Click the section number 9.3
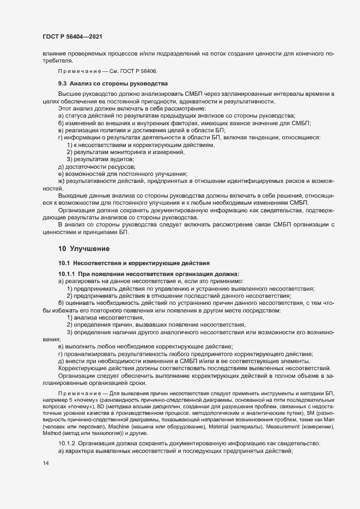coord(63,84)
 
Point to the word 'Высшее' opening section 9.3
coord(70,95)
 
